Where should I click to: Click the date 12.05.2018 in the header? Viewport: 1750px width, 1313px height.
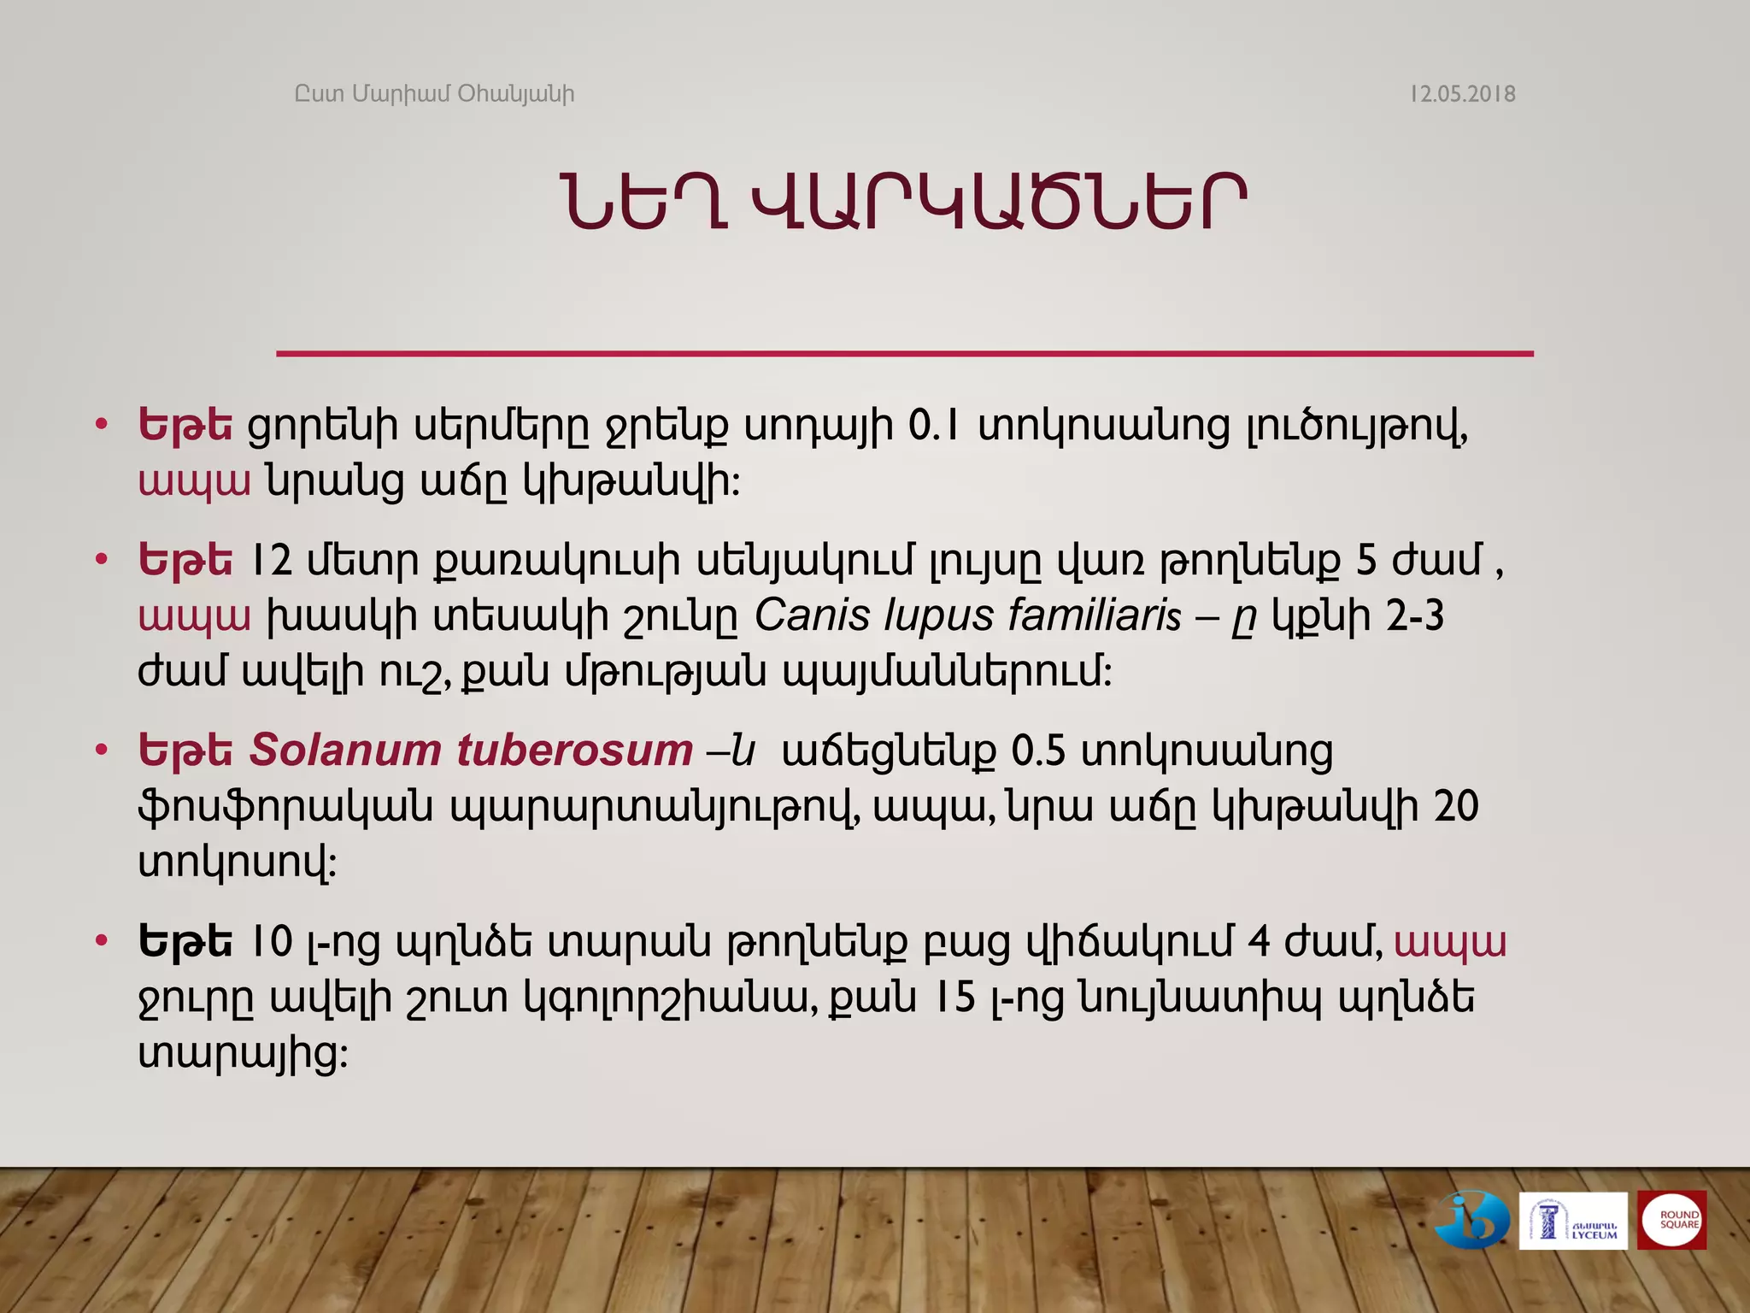coord(1462,94)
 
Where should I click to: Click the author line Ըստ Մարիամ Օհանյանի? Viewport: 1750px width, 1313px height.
coord(434,94)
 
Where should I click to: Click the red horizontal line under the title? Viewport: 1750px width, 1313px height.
coord(904,353)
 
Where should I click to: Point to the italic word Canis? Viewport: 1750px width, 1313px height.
coord(812,615)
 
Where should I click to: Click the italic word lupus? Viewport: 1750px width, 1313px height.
coord(938,615)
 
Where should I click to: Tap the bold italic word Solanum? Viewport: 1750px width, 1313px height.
coord(344,751)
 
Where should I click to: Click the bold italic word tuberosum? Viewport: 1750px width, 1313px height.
coord(574,751)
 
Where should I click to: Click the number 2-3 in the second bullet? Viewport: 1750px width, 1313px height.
coord(1414,615)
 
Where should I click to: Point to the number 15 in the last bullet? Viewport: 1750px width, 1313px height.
coord(954,998)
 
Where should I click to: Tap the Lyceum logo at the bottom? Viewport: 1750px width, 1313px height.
coord(1572,1221)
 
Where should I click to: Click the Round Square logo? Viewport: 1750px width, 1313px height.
coord(1672,1221)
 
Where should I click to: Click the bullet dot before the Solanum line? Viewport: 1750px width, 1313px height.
coord(102,751)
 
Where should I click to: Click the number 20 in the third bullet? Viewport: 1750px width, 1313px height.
coord(1455,806)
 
